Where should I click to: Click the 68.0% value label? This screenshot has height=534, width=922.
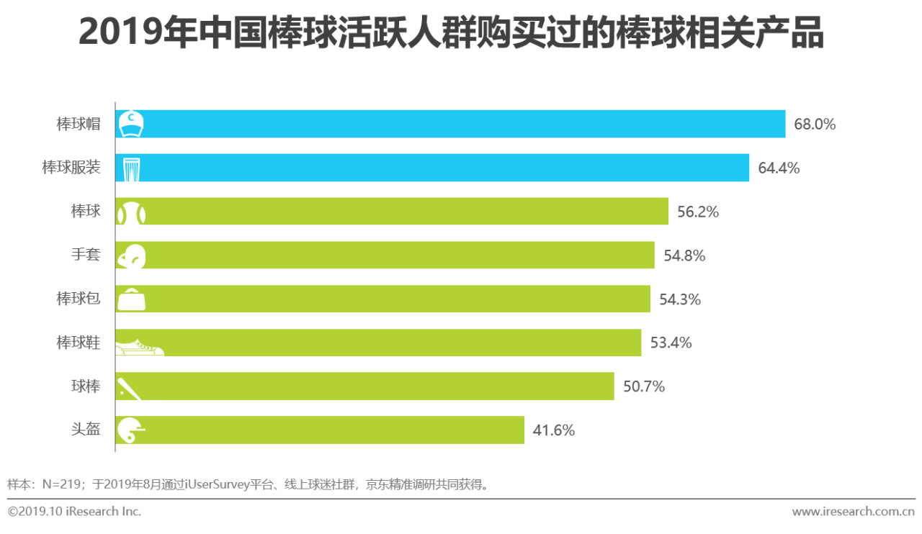tap(815, 124)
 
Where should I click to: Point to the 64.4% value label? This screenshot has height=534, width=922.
tap(779, 168)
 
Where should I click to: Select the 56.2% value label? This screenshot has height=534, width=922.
tap(698, 212)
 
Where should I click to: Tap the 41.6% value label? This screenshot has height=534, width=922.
tap(553, 430)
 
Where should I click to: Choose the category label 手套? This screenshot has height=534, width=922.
tap(86, 255)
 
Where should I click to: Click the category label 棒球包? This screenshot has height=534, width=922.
tap(79, 299)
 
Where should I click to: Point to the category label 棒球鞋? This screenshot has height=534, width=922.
tap(79, 343)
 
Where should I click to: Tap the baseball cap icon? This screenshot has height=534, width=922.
tap(131, 124)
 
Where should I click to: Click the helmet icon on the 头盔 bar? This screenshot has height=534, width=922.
tap(130, 430)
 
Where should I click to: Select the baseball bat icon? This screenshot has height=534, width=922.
tap(130, 387)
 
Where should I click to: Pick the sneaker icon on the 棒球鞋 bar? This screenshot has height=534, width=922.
tap(139, 346)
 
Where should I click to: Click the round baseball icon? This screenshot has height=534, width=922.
tap(132, 213)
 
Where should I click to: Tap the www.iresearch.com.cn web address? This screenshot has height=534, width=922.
tap(853, 512)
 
